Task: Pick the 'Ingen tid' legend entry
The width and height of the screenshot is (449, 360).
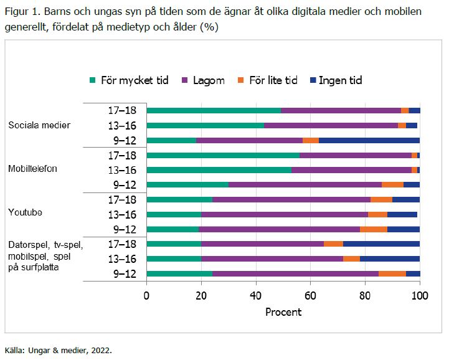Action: pyautogui.click(x=340, y=80)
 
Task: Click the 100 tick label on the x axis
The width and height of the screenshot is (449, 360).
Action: pyautogui.click(x=420, y=296)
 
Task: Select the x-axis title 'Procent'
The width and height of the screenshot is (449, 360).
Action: pyautogui.click(x=283, y=311)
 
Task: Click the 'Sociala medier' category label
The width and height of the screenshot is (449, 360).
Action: pyautogui.click(x=39, y=125)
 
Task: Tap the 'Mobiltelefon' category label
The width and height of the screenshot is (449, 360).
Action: pyautogui.click(x=35, y=169)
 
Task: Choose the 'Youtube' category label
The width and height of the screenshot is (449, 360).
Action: pyautogui.click(x=25, y=212)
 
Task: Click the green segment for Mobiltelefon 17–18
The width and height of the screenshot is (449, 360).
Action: pyautogui.click(x=223, y=155)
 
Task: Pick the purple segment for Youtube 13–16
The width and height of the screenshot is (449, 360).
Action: pyautogui.click(x=285, y=214)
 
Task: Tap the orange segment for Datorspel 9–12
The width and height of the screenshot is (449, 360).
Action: pyautogui.click(x=392, y=273)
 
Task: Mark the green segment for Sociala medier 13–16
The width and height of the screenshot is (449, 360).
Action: pyautogui.click(x=206, y=125)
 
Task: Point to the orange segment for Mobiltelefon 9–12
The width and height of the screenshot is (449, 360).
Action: pyautogui.click(x=392, y=184)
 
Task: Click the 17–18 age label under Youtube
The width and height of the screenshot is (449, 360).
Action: pyautogui.click(x=123, y=199)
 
